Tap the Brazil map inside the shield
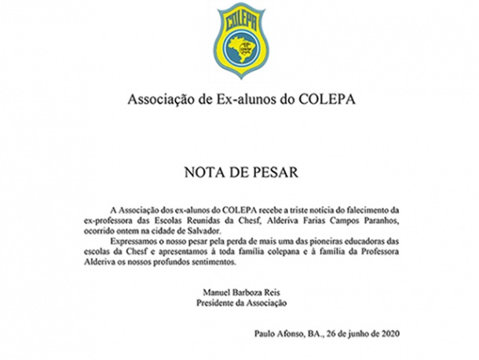pos(239,49)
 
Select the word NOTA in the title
pos(203,171)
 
